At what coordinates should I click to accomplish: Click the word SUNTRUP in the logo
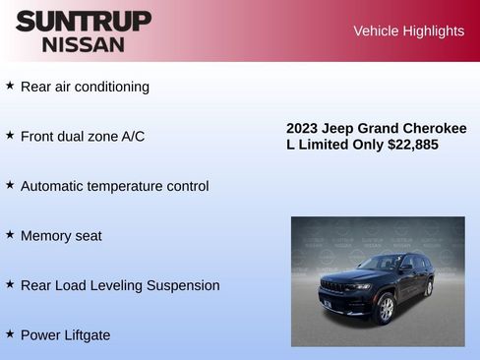(x=84, y=21)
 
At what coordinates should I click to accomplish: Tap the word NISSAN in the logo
(x=84, y=44)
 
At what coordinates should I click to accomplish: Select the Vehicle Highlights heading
(x=408, y=31)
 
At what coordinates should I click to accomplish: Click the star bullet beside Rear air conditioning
(x=10, y=86)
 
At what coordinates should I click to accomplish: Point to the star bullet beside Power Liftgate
(x=10, y=334)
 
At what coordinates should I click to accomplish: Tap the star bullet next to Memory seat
(x=10, y=235)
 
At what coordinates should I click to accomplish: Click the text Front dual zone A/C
(x=83, y=136)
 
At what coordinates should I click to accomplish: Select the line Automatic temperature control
(x=114, y=186)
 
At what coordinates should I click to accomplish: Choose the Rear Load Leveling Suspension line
(x=120, y=285)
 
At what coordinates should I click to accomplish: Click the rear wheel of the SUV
(x=428, y=288)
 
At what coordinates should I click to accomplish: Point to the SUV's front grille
(x=335, y=287)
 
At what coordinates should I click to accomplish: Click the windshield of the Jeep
(x=378, y=264)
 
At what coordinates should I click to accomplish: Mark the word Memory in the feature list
(x=46, y=236)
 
